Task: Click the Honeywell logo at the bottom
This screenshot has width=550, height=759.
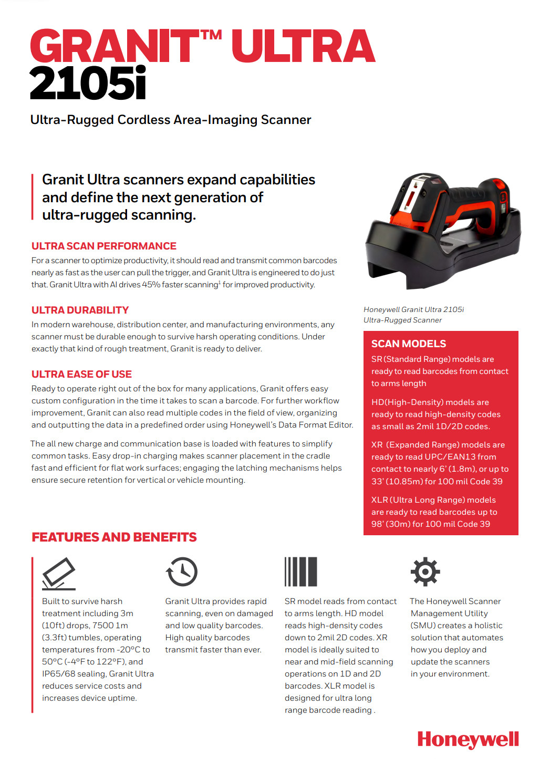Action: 468,740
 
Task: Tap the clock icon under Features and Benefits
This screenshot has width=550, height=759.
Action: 182,571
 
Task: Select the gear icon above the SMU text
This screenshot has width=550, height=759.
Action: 425,571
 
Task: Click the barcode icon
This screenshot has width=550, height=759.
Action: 300,571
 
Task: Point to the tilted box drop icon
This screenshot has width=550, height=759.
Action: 58,574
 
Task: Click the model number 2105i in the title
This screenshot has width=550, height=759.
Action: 88,84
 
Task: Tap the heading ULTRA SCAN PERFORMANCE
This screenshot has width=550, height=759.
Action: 103,246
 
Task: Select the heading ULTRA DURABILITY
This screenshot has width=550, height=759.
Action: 80,310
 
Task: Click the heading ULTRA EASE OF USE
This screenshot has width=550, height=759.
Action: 81,374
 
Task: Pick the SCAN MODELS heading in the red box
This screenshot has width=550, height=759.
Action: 408,344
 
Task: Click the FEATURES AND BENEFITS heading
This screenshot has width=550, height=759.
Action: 114,537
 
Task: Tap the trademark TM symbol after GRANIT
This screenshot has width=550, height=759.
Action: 211,36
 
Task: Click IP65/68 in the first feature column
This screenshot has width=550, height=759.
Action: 58,674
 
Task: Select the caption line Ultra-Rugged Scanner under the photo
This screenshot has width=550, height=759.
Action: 402,320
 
